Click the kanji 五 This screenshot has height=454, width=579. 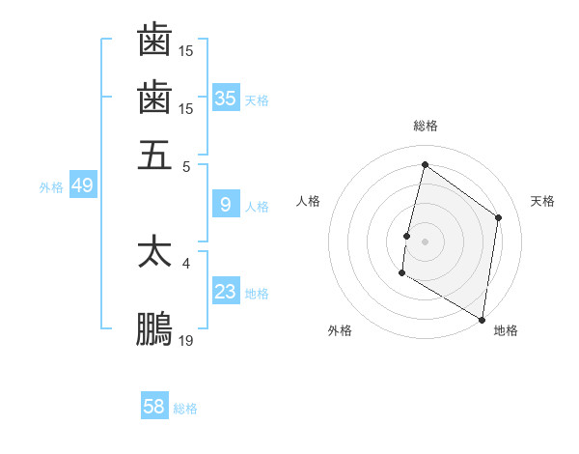point(154,156)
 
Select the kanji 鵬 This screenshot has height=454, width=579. point(154,329)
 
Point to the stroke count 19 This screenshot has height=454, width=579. point(185,340)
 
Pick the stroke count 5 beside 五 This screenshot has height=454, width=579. point(186,166)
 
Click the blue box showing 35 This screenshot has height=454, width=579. point(226,98)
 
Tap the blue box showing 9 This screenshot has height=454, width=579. point(226,205)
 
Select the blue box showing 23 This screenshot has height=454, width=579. point(226,292)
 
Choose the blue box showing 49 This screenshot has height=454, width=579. point(82,185)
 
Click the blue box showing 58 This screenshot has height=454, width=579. point(154,407)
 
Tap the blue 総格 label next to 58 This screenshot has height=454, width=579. point(186,409)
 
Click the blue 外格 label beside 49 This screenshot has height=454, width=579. point(51,187)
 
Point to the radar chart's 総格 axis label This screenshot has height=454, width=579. point(426,126)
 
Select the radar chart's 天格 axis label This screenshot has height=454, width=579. point(542,201)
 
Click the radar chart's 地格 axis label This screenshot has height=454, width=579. point(506,330)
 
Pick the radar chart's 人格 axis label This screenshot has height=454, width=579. point(309,201)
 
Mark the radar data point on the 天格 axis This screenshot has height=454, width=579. point(499,217)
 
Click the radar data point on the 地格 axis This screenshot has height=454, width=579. point(482,319)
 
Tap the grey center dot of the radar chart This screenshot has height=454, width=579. point(426,241)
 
